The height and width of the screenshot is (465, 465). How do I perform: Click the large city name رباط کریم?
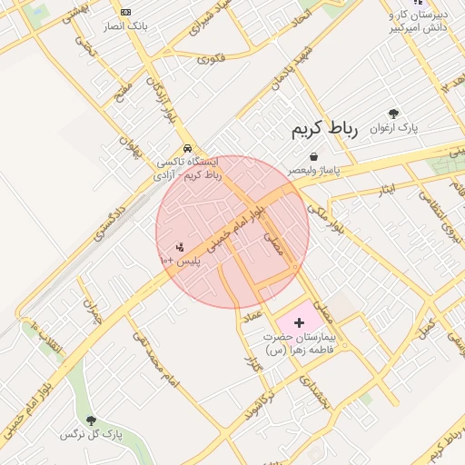[x=325, y=130]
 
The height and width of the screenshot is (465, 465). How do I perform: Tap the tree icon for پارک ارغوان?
[x=393, y=114]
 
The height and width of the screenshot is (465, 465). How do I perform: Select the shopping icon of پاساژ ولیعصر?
[x=314, y=156]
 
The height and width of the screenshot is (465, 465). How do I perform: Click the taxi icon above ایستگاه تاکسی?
[x=187, y=147]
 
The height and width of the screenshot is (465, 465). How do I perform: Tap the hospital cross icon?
[x=300, y=322]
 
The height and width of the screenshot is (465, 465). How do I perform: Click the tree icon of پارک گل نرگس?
[x=91, y=420]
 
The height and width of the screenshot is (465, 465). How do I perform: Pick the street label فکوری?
[x=210, y=60]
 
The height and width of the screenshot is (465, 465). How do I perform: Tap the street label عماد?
[x=252, y=315]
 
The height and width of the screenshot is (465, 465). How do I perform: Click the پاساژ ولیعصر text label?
[x=320, y=170]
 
